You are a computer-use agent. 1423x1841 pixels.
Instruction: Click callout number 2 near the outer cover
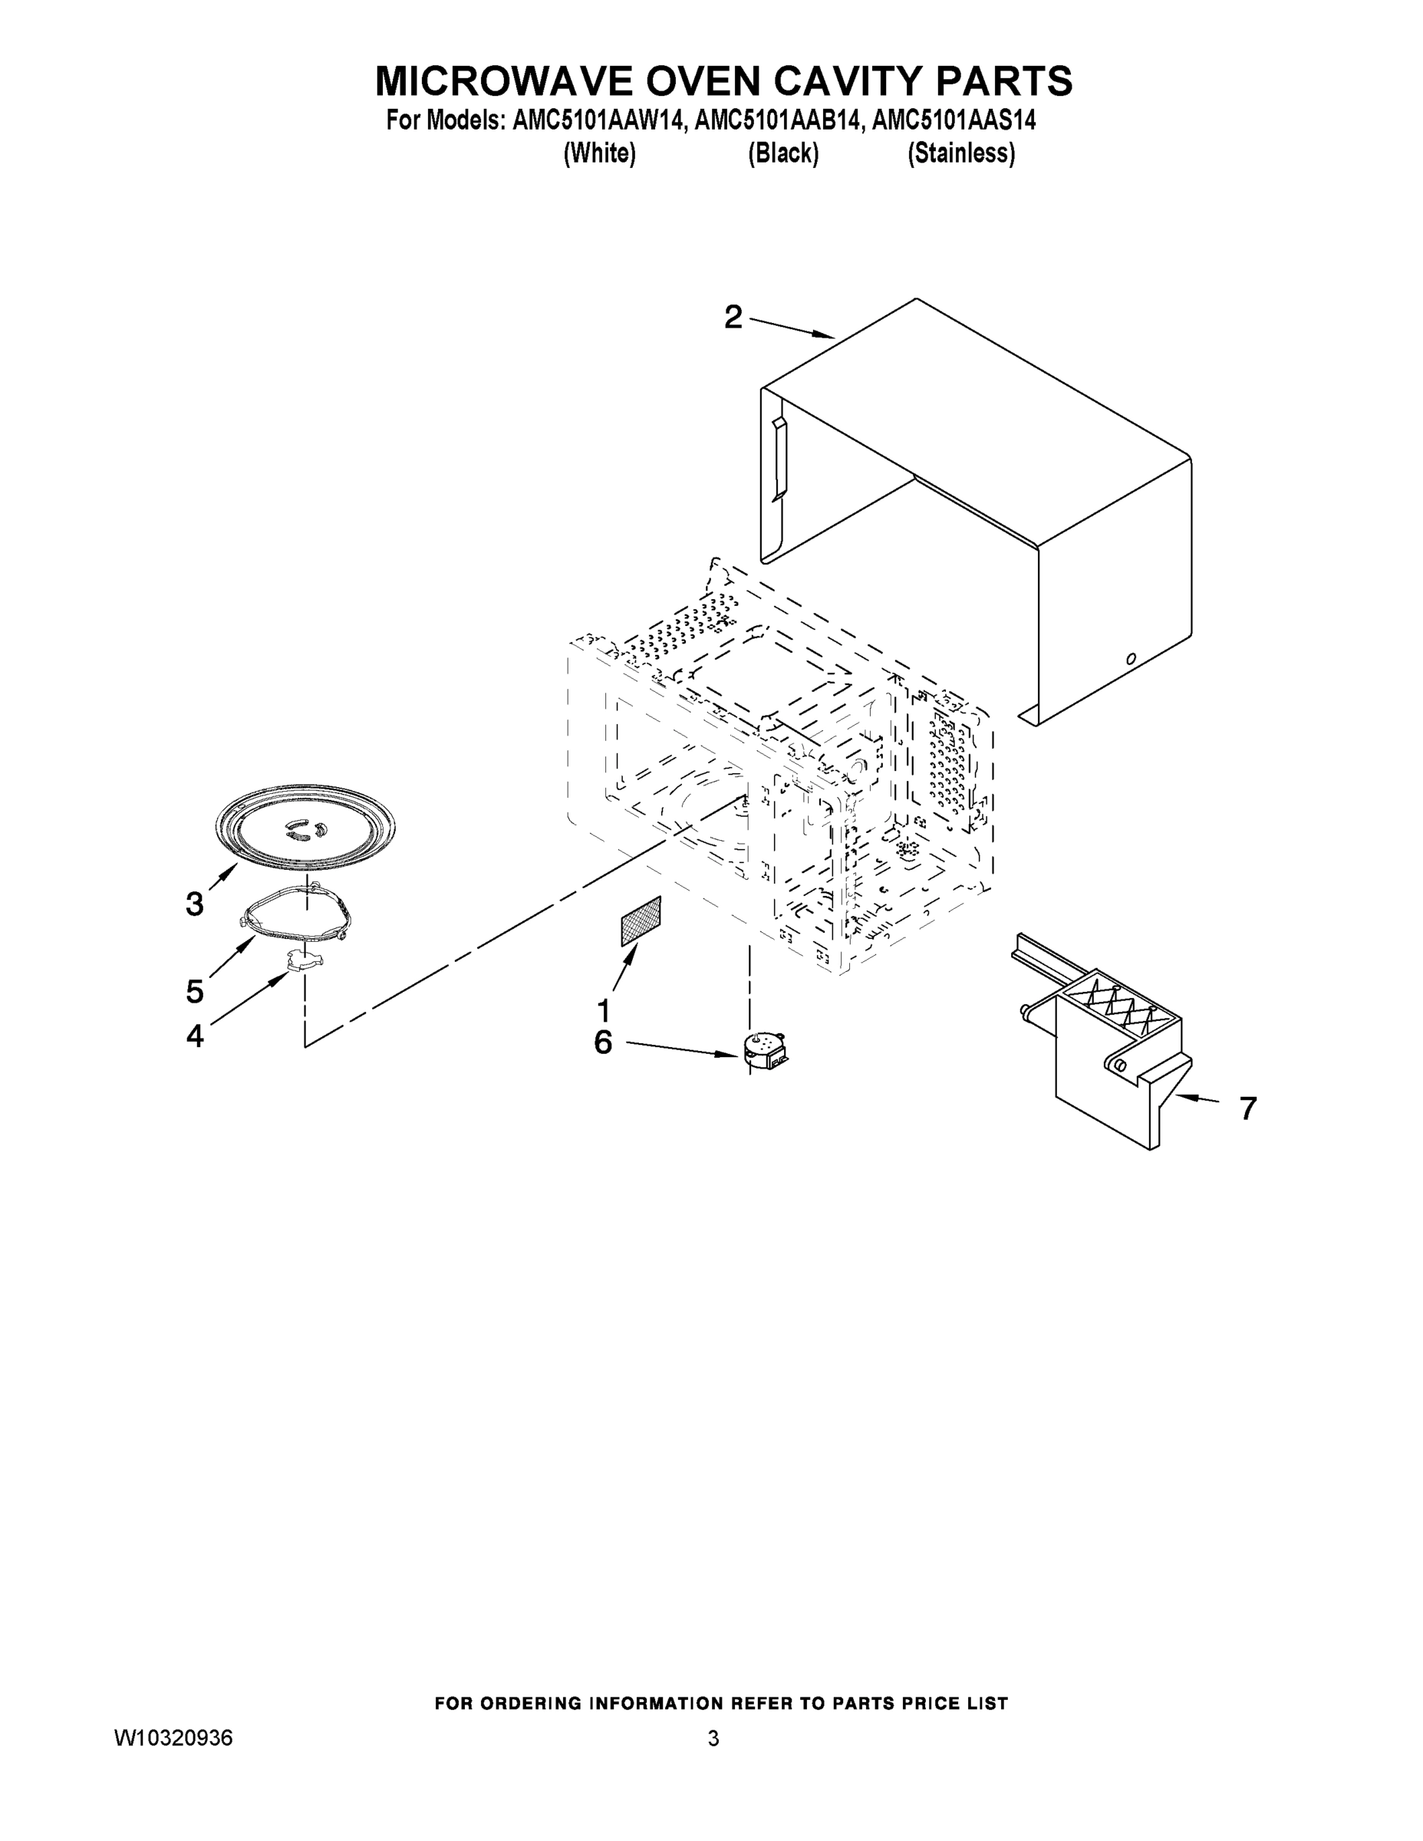click(733, 318)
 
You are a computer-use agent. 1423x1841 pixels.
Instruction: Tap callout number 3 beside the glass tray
click(195, 904)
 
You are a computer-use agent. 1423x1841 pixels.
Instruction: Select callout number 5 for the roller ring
click(195, 991)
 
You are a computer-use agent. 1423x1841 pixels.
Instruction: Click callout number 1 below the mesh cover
click(604, 1009)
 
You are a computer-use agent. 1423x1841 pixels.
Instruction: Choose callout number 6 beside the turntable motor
click(604, 1042)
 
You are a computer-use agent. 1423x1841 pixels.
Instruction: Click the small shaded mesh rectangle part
click(641, 921)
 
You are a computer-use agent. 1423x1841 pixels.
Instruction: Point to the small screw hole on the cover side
click(1131, 658)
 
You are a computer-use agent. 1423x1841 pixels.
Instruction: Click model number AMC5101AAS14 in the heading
click(954, 120)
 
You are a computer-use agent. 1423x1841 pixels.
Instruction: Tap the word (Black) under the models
click(783, 153)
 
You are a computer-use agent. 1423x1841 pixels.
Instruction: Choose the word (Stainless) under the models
click(960, 153)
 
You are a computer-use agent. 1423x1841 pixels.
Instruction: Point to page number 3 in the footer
click(713, 1737)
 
